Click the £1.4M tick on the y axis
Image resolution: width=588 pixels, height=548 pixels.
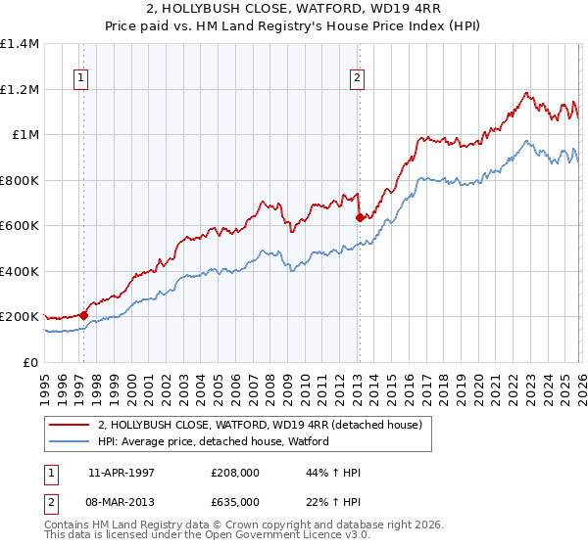coord(20,44)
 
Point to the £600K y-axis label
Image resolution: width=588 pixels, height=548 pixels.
coord(20,226)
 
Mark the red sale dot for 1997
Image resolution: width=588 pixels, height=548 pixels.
coord(84,315)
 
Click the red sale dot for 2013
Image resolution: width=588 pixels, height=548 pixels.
coord(360,217)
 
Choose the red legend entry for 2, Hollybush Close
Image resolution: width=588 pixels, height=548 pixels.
coord(260,425)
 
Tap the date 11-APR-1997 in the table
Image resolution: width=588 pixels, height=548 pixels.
coord(121,473)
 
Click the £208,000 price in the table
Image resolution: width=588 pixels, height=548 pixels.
coord(235,473)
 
